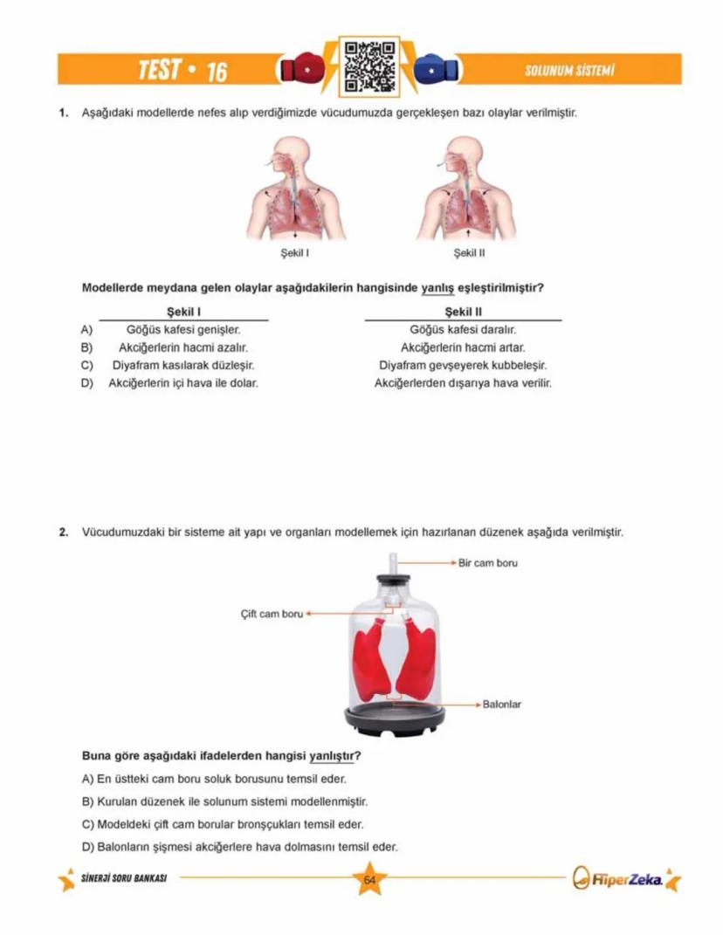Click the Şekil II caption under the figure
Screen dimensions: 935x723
469,253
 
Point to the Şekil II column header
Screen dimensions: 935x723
463,312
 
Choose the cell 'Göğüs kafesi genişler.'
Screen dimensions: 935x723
183,330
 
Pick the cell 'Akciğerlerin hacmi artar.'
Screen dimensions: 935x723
463,347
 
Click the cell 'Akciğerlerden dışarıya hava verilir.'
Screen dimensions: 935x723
463,382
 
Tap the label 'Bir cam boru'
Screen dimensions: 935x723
488,563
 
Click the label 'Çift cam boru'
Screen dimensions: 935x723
271,614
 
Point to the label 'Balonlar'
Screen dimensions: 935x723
501,704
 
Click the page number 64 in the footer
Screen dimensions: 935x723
368,880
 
